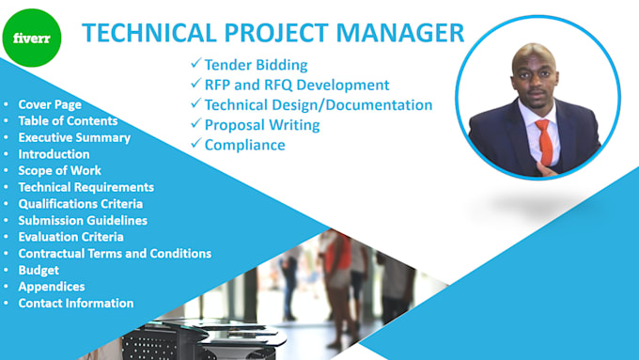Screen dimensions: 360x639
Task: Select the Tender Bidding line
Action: point(256,65)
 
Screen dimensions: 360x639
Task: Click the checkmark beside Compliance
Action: point(195,144)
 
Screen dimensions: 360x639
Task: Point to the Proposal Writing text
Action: point(262,124)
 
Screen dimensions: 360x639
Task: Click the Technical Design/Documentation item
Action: point(318,104)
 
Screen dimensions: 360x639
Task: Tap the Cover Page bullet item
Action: point(50,104)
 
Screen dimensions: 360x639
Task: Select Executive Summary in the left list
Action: point(74,137)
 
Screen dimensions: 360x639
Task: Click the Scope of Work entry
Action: point(60,170)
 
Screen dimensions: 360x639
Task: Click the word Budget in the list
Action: point(39,270)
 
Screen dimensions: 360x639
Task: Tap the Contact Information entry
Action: point(76,303)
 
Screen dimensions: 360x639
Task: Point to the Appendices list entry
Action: point(52,287)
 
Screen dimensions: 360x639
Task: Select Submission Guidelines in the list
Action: point(83,220)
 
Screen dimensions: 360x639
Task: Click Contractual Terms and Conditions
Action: point(115,253)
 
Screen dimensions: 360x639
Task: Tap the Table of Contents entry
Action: point(68,120)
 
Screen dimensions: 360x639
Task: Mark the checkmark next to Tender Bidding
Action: point(195,65)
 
